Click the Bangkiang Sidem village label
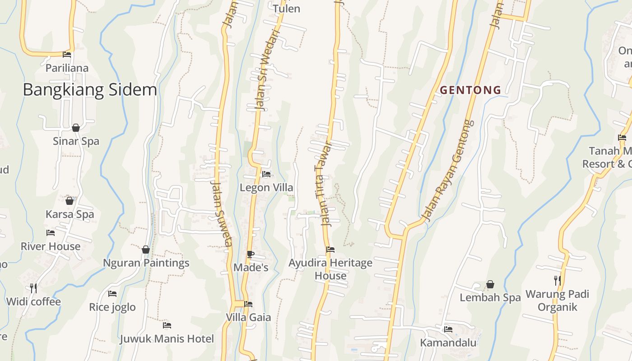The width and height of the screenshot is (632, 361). coord(90,90)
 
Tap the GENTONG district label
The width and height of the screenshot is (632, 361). coord(470,90)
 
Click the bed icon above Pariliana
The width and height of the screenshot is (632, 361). coord(67,55)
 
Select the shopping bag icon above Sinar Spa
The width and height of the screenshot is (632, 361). coord(76,128)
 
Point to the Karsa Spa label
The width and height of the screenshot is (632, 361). coord(70,214)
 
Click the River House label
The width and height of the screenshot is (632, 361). coord(51,246)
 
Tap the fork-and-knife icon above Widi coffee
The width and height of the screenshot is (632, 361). coord(33,287)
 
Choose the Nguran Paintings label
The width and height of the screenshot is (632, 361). coord(146,263)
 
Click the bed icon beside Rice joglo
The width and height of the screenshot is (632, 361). coord(112,294)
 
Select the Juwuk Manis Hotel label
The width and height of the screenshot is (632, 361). coord(167,338)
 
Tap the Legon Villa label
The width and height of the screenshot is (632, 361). coord(266,187)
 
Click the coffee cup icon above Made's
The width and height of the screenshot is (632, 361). coord(251,255)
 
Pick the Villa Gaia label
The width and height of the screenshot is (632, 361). coord(248,317)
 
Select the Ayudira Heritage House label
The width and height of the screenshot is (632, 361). coord(330,269)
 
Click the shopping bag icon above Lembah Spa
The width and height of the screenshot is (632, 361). coord(490,284)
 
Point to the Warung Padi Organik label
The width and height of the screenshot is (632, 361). coord(558,301)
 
